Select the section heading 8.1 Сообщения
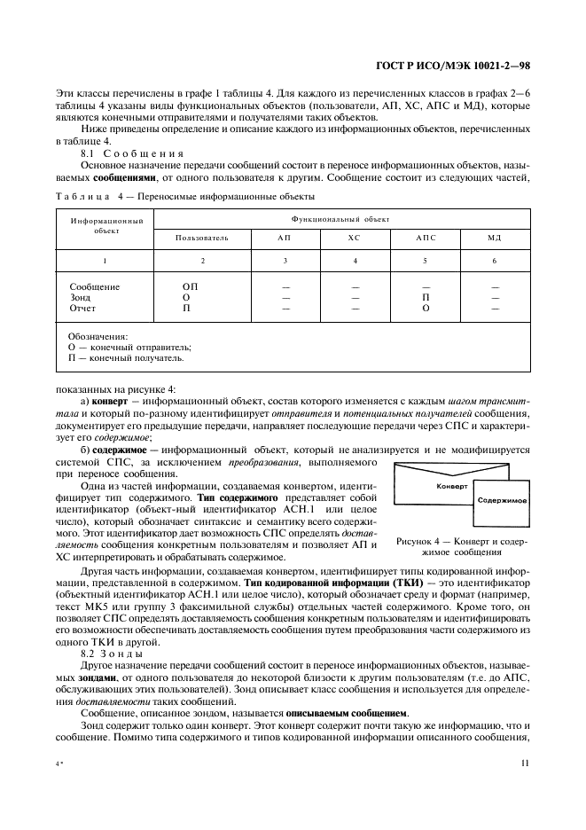(x=131, y=153)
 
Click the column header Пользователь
(x=202, y=238)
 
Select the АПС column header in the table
(x=426, y=238)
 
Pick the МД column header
(x=495, y=238)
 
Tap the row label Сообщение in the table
(x=95, y=287)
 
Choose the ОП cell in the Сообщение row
(x=190, y=287)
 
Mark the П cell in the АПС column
(x=426, y=298)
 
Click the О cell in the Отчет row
(x=426, y=309)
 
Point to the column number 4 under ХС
(x=355, y=261)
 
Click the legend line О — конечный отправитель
(x=129, y=348)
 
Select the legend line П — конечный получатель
(x=127, y=358)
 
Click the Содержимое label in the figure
(x=502, y=500)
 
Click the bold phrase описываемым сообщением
(x=358, y=712)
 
